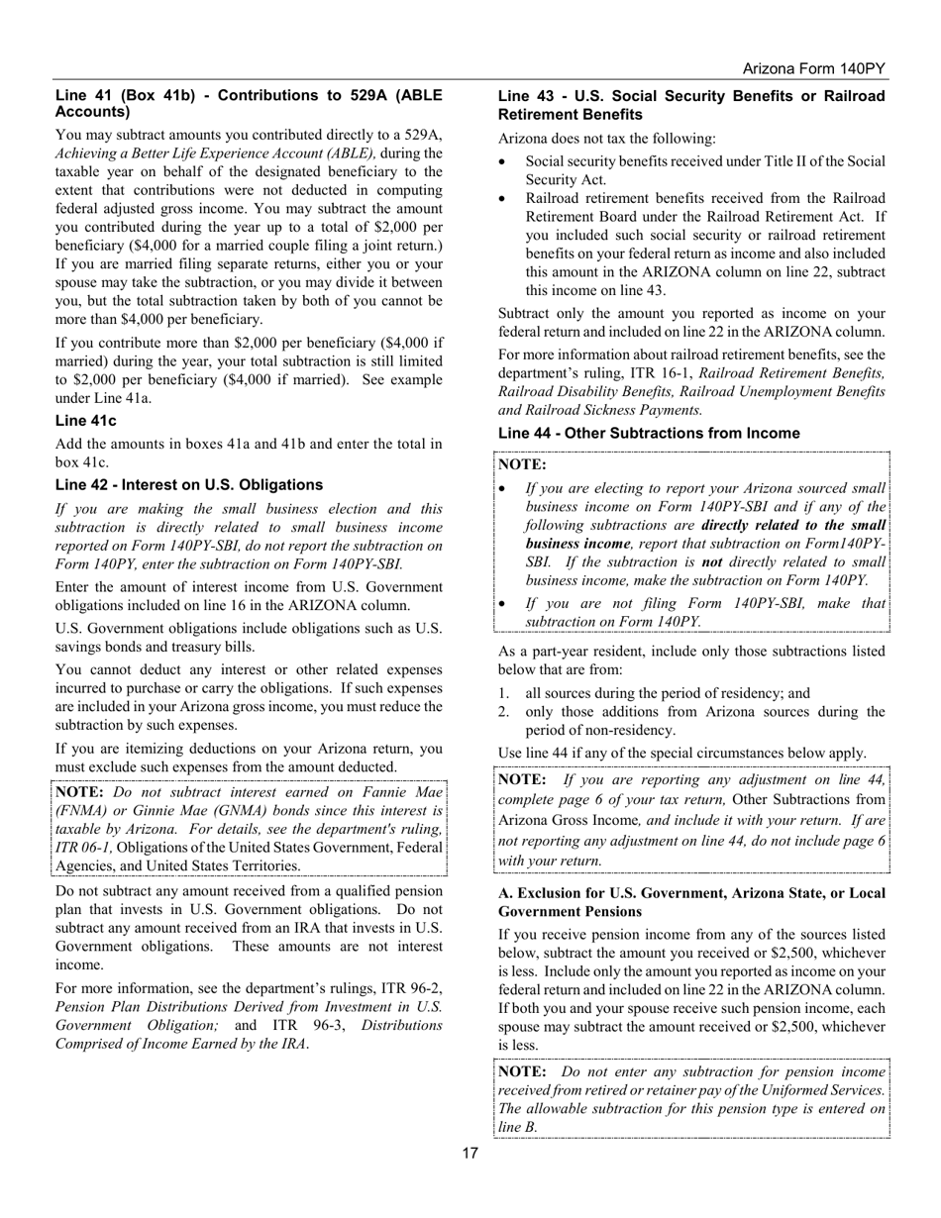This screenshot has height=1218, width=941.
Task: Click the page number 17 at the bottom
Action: click(470, 1153)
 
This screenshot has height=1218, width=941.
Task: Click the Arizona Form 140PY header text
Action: click(813, 69)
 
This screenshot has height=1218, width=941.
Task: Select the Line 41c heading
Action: click(85, 421)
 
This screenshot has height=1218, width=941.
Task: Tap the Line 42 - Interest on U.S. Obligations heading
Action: click(188, 484)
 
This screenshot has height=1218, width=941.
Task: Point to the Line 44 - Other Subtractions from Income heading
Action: click(649, 433)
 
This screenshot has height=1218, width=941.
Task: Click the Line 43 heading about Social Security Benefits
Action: click(690, 105)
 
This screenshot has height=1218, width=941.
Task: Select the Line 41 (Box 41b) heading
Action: click(249, 104)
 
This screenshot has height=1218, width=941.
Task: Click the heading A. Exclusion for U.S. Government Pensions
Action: click(690, 901)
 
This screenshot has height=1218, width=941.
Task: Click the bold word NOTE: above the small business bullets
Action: click(522, 463)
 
